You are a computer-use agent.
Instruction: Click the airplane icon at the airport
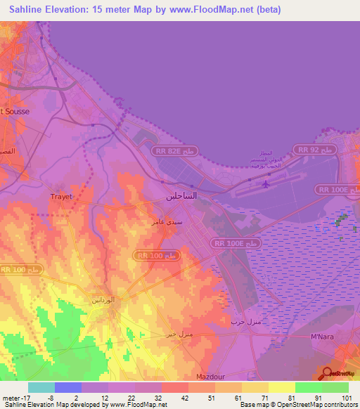265,185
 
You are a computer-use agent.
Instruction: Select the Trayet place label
61,197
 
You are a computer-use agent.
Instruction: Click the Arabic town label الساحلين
181,197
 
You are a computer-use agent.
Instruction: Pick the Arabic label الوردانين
103,299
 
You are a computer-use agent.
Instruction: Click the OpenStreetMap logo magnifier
328,372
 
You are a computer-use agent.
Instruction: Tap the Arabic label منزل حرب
246,321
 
